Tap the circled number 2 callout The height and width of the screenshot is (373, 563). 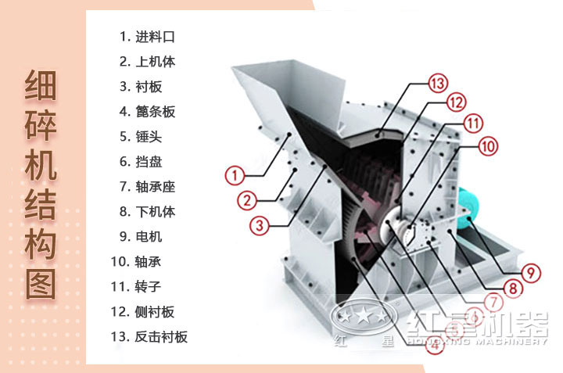pos(248,200)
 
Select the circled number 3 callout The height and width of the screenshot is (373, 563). pos(260,225)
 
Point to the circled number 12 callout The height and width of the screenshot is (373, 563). pos(456,102)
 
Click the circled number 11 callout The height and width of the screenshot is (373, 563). pos(473,123)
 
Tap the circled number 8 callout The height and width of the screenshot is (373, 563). pos(512,288)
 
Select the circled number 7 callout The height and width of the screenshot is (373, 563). pos(493,302)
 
